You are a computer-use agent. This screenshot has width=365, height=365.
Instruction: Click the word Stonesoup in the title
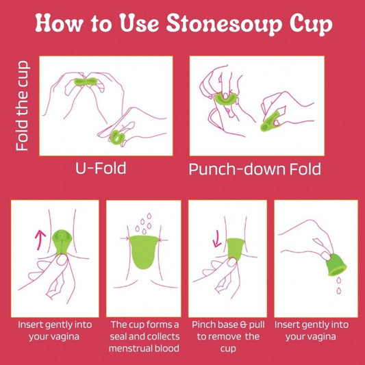[x=224, y=23]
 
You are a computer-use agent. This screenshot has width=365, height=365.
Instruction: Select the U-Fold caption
[x=101, y=168]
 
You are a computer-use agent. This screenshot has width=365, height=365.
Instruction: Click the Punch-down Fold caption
[x=255, y=169]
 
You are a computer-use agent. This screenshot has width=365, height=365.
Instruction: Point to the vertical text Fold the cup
[x=23, y=105]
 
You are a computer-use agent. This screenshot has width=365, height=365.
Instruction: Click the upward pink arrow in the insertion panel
[x=40, y=240]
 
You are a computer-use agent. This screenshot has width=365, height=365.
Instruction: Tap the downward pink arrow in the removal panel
[x=217, y=238]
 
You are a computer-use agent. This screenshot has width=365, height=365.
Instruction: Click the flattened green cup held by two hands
[x=86, y=81]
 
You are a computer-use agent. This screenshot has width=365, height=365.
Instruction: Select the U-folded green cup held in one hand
[x=118, y=138]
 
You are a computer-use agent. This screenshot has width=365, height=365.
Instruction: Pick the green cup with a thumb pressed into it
[x=225, y=99]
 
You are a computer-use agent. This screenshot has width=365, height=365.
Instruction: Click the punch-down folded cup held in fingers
[x=270, y=121]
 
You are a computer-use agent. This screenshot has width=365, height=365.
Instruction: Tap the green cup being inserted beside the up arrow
[x=62, y=242]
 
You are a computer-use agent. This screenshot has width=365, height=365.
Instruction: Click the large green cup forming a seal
[x=144, y=252]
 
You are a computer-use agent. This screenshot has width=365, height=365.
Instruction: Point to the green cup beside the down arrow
[x=235, y=248]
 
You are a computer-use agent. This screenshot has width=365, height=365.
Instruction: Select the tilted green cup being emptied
[x=336, y=265]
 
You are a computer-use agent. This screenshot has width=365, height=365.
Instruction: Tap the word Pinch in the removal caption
[x=201, y=325]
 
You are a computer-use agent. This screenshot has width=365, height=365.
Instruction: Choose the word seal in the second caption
[x=118, y=337]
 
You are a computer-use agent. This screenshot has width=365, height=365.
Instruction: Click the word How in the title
[x=59, y=23]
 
